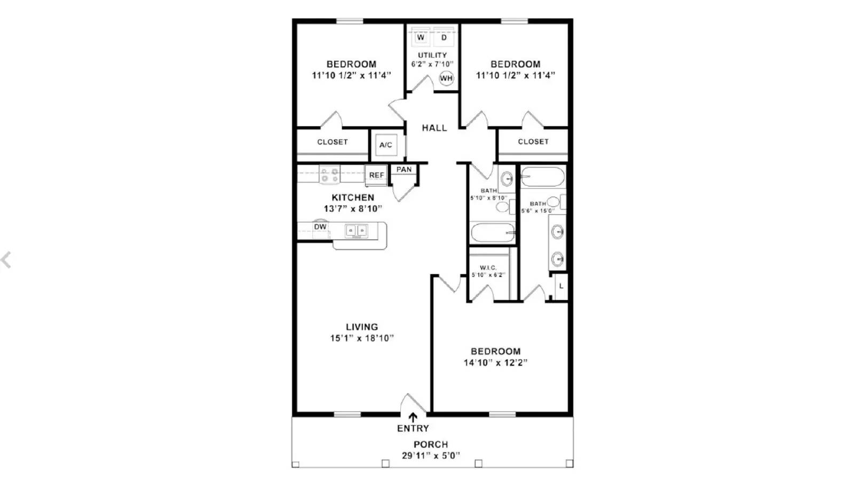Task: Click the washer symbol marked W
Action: coord(421,37)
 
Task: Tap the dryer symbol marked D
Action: coord(444,37)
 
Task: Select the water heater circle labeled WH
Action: coord(446,78)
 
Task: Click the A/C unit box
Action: coord(386,145)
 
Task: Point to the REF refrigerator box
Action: coord(376,175)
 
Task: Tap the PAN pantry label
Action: coord(404,170)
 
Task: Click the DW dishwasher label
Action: coord(320,227)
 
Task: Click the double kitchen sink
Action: coord(356,231)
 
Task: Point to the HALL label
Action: coord(434,128)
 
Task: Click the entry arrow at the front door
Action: coord(413,418)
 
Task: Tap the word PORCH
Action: coord(431,444)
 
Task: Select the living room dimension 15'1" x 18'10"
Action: coord(362,338)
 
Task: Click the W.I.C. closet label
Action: coord(488,267)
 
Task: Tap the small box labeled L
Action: coord(561,287)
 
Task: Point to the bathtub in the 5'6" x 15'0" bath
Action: coord(542,177)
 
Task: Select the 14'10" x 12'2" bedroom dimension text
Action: coord(495,363)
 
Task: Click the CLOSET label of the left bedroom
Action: coord(333,142)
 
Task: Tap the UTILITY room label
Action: coord(432,56)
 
